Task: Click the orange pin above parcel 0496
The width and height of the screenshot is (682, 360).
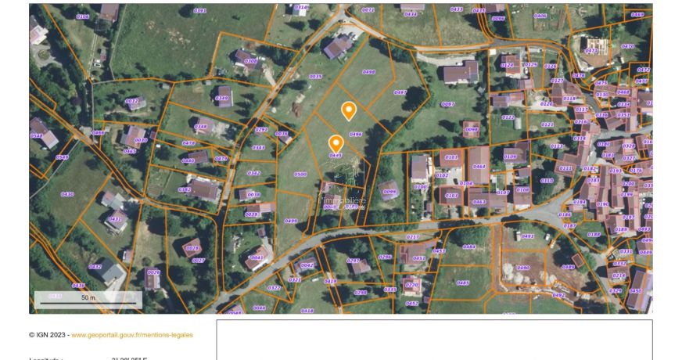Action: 349,110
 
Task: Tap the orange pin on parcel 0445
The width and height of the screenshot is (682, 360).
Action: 336,143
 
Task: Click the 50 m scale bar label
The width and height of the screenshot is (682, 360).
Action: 88,297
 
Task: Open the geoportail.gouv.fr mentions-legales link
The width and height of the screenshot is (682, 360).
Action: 131,335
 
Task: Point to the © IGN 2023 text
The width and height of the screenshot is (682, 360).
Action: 48,335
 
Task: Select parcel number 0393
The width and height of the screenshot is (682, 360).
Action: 199,11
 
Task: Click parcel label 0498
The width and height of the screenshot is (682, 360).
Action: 369,72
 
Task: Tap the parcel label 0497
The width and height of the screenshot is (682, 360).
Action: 400,92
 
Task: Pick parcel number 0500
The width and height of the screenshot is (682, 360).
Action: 300,175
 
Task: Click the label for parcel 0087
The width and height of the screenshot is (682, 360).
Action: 448,104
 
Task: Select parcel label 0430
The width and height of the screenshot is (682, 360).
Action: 67,194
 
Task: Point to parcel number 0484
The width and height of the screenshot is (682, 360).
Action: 468,247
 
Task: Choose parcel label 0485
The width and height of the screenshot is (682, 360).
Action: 463,283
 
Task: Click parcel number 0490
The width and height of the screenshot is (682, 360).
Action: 523,268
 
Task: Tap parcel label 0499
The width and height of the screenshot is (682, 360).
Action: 291,221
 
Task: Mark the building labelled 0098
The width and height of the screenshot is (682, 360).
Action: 471,129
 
